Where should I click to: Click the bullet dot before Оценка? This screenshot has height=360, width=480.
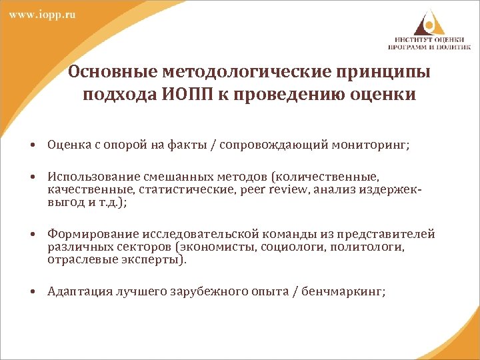point(32,143)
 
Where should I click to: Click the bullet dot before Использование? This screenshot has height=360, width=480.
point(32,177)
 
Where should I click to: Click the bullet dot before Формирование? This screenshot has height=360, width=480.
point(32,235)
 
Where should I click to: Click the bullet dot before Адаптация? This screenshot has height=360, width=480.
point(32,291)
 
